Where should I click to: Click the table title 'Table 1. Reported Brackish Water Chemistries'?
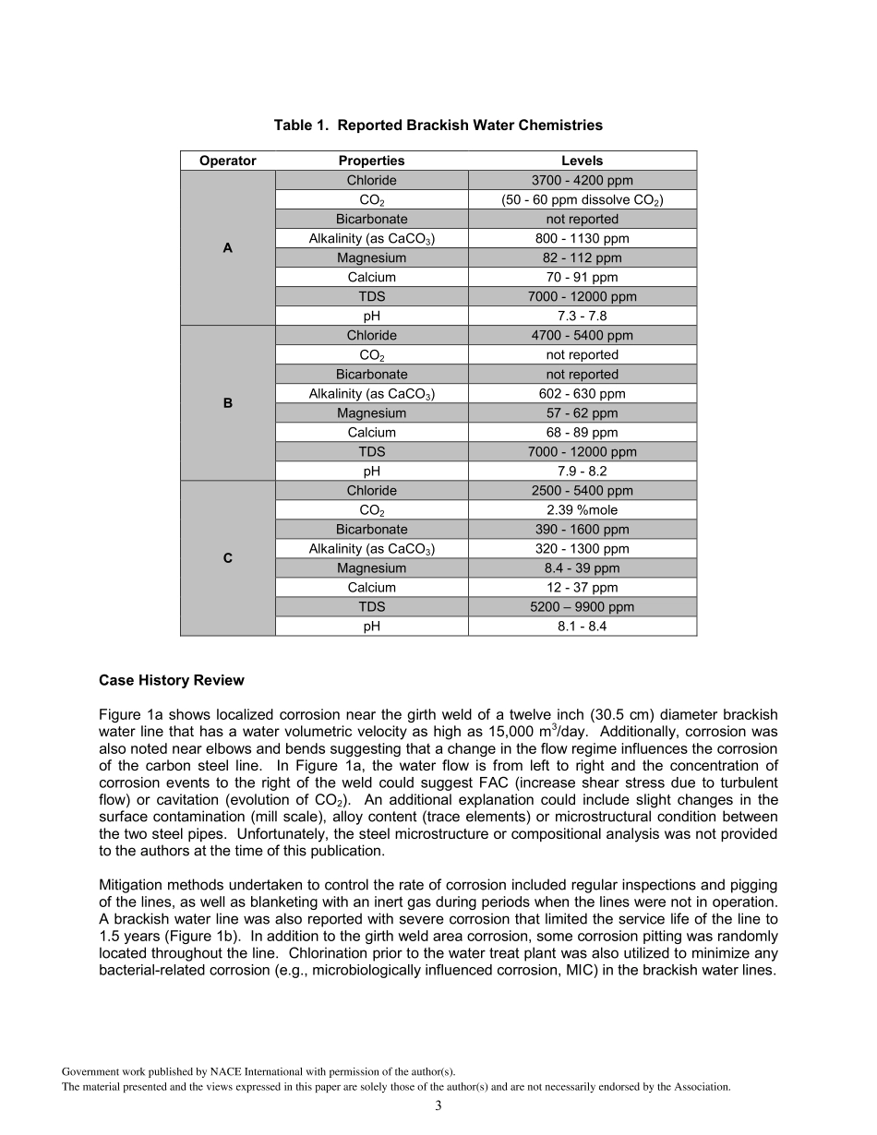point(438,125)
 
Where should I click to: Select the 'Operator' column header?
point(227,161)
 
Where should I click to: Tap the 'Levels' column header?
point(582,161)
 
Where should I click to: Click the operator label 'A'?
point(227,248)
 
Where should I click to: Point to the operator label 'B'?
point(227,403)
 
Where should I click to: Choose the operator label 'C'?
point(227,558)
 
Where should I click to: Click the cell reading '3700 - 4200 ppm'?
point(582,180)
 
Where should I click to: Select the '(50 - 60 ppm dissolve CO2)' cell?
point(582,199)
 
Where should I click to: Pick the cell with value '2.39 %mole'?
point(582,509)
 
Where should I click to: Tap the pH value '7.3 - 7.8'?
point(582,316)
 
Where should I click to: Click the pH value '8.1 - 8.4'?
point(582,626)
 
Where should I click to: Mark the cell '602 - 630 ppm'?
point(582,393)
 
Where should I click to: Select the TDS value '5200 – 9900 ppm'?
point(582,606)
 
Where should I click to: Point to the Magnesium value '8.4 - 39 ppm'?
point(582,567)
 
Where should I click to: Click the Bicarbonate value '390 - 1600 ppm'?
point(582,529)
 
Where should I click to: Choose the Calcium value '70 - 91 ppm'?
point(582,277)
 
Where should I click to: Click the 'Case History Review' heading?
point(172,681)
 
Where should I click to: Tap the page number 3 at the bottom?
point(438,1105)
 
